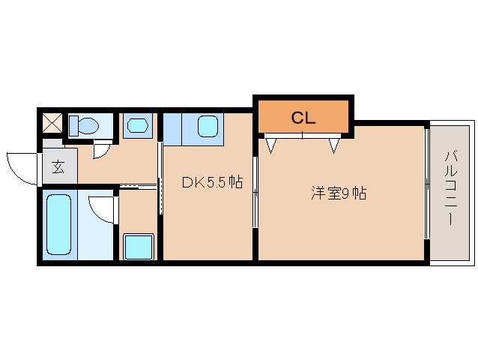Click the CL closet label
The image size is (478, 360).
tap(303, 117)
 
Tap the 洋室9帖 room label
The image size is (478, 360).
tap(339, 193)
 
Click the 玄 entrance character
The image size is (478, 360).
tap(58, 167)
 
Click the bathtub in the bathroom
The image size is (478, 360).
tap(58, 223)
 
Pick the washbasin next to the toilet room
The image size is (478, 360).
tap(137, 125)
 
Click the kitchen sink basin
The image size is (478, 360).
tap(208, 126)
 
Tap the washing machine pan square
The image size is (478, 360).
tap(139, 246)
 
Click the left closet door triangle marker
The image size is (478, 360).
tap(270, 144)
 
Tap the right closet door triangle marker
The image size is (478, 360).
tap(333, 144)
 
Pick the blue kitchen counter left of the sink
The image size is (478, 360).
tap(172, 127)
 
